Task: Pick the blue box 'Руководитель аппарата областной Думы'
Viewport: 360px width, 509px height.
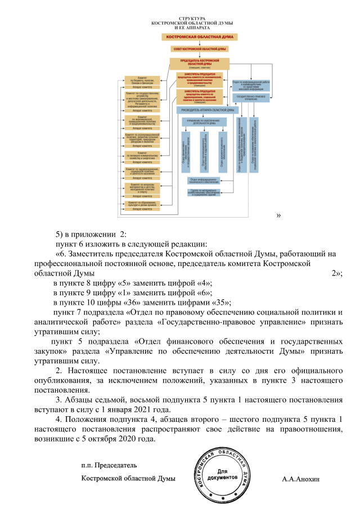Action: tap(205, 110)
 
